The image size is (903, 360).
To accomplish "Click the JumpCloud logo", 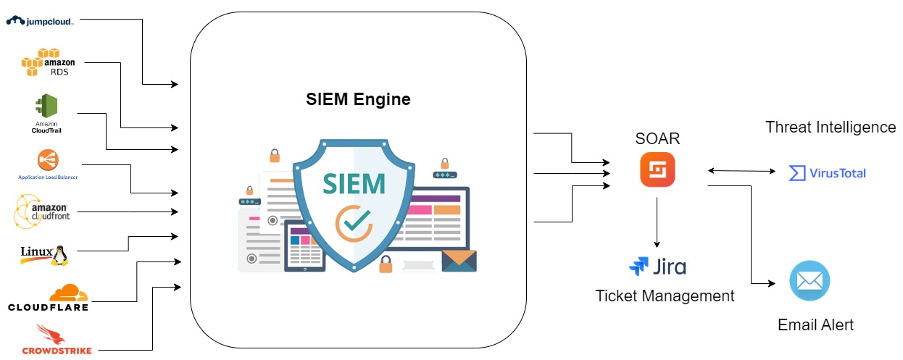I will click(x=41, y=20).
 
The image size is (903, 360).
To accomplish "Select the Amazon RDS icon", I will click(x=49, y=63).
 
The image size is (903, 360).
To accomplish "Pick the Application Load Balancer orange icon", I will click(x=48, y=160).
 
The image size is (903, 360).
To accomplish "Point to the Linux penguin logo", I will click(x=44, y=254).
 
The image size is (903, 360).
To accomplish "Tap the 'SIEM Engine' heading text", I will click(x=358, y=100).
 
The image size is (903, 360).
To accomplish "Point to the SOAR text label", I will click(x=657, y=138).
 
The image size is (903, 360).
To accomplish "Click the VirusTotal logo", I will click(x=827, y=173).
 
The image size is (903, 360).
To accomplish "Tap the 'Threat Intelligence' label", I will click(x=831, y=127).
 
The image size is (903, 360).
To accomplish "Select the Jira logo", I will click(x=657, y=267).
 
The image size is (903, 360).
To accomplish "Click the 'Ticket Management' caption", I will click(x=665, y=296).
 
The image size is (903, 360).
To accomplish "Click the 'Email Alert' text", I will click(x=815, y=325).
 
